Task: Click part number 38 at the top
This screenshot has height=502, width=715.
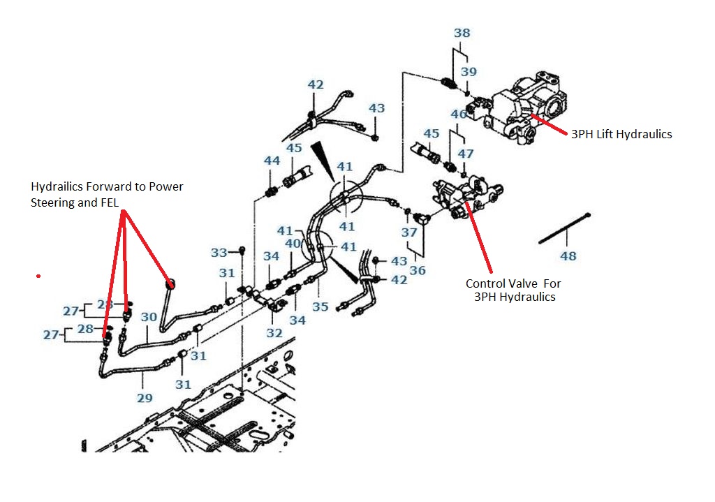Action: point(462,33)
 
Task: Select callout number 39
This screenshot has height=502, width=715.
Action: point(469,73)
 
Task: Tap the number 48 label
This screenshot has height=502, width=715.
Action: point(568,256)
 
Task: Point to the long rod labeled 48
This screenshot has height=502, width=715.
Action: point(565,228)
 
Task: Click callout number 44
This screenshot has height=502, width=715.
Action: point(272,161)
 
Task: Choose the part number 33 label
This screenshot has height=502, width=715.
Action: point(219,253)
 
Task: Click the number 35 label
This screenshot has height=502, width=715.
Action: point(320,306)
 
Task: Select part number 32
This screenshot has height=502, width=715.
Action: point(274,333)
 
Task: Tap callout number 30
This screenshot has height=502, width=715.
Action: point(149,316)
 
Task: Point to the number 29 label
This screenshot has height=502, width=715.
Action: point(144,398)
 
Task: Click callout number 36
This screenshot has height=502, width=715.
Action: point(417,270)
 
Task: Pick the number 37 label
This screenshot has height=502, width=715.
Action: point(409,232)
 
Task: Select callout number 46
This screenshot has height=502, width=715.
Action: point(459,115)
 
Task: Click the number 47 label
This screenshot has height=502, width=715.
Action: point(466,154)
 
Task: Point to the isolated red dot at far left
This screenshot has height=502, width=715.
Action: point(38,276)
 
